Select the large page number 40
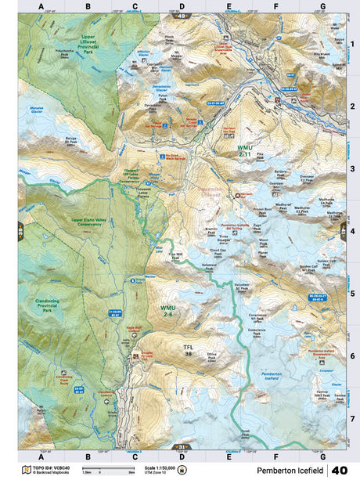(340, 470)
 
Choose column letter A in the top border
(41, 6)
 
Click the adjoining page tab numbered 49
(182, 16)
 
